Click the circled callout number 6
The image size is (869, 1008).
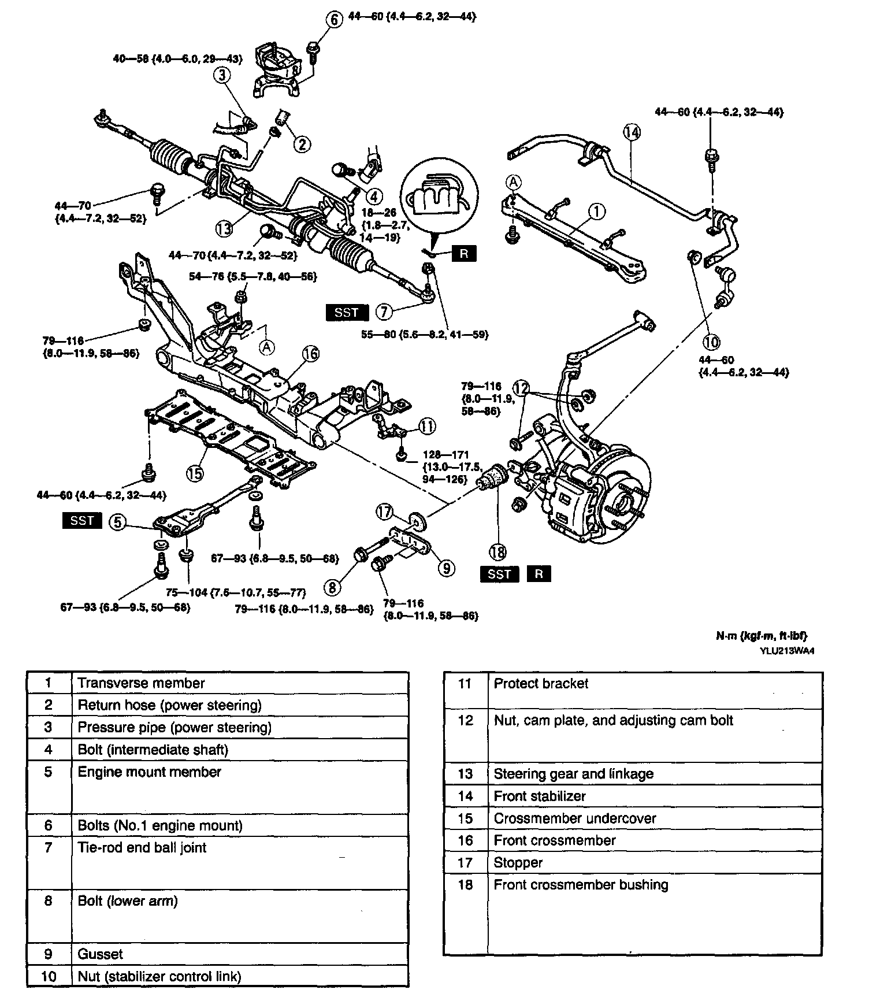click(x=335, y=18)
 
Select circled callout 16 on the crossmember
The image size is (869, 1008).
click(x=310, y=353)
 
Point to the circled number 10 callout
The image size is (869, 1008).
click(x=711, y=342)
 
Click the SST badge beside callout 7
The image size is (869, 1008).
click(x=347, y=313)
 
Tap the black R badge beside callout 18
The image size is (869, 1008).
click(x=539, y=574)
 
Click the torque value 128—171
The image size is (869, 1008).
click(x=445, y=455)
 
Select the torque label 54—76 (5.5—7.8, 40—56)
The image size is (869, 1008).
click(x=253, y=277)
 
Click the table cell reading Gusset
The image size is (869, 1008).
click(x=100, y=954)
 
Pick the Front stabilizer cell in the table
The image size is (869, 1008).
click(x=540, y=796)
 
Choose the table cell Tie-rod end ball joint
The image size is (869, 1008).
click(x=142, y=848)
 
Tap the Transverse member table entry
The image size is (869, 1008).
click(x=141, y=683)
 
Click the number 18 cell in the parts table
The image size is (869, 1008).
click(x=466, y=885)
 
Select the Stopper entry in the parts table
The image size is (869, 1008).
click(x=518, y=862)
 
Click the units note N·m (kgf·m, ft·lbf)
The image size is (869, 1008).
click(x=762, y=636)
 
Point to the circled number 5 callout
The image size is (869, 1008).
click(x=117, y=522)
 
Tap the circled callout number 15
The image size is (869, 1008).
click(x=195, y=473)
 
